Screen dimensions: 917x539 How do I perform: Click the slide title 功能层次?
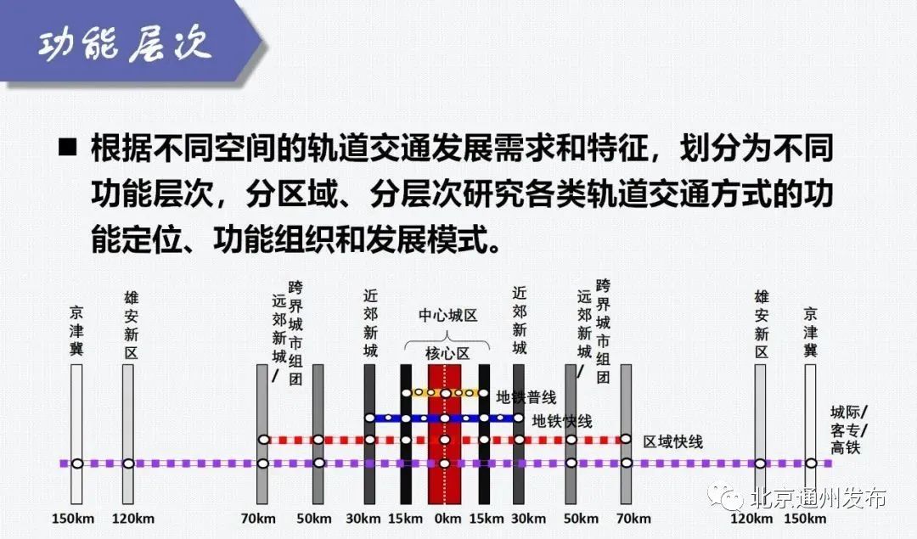(x=124, y=44)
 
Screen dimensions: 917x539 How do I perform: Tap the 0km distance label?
(x=447, y=519)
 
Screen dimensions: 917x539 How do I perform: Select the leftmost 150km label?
(x=73, y=519)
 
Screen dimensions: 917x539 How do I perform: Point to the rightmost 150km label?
(x=805, y=519)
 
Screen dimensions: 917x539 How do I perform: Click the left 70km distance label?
(x=258, y=519)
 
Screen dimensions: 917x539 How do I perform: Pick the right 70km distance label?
(x=633, y=519)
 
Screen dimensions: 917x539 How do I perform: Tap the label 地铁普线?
(x=526, y=397)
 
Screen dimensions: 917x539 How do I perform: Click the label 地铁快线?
(x=562, y=421)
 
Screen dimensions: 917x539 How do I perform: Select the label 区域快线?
(x=673, y=442)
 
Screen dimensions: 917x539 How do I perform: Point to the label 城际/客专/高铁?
(x=848, y=430)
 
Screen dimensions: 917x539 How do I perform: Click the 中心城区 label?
(x=448, y=316)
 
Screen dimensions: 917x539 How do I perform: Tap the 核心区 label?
(x=447, y=354)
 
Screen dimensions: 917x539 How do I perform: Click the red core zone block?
(x=444, y=434)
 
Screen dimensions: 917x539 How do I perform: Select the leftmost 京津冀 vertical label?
(x=76, y=330)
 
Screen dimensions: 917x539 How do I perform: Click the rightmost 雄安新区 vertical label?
(x=761, y=325)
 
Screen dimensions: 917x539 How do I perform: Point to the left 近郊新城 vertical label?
(x=370, y=323)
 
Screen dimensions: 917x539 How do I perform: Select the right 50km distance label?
(x=581, y=519)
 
